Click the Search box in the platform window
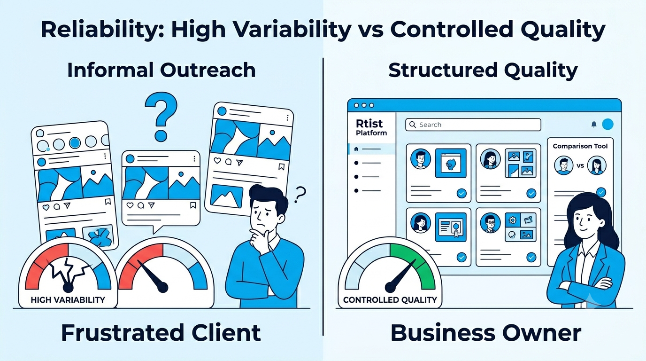pyautogui.click(x=473, y=125)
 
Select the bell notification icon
pyautogui.click(x=594, y=124)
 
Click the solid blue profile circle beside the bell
pyautogui.click(x=608, y=124)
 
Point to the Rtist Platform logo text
pyautogui.click(x=371, y=127)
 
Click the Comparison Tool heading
pyautogui.click(x=580, y=146)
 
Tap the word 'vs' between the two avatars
pyautogui.click(x=580, y=166)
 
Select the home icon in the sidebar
pyautogui.click(x=356, y=149)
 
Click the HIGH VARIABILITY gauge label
pyautogui.click(x=68, y=300)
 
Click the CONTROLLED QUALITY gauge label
pyautogui.click(x=390, y=300)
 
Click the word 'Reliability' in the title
pyautogui.click(x=102, y=30)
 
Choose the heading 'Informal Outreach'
pyautogui.click(x=161, y=70)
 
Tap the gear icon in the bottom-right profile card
pyautogui.click(x=513, y=220)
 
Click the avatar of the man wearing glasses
pyautogui.click(x=490, y=223)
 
